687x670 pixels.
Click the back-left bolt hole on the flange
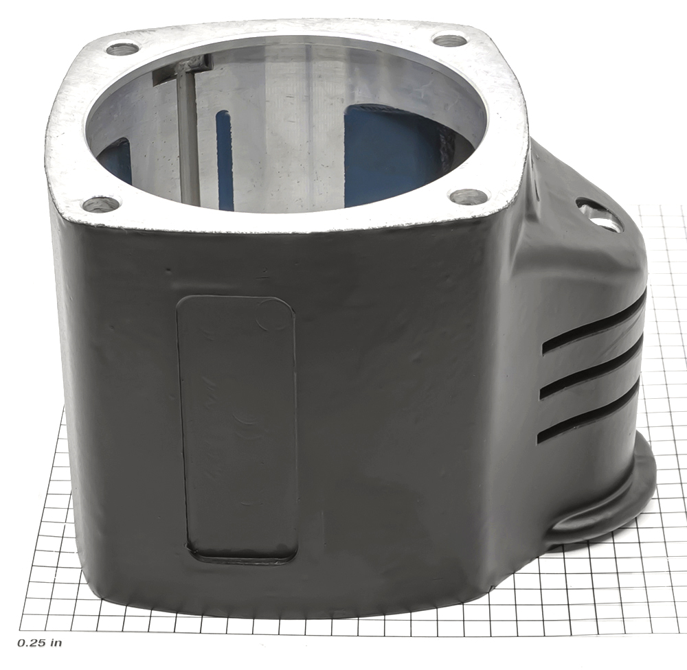(x=123, y=48)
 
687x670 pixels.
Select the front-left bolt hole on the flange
(x=101, y=204)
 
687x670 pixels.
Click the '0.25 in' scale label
(x=39, y=643)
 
